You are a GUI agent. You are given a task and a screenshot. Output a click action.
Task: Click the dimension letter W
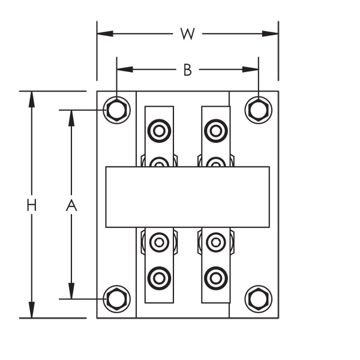(188, 34)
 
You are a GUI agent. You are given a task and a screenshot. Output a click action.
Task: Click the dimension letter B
(188, 70)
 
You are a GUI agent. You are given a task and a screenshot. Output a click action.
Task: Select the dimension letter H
(32, 205)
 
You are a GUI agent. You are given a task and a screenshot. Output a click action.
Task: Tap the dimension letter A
(71, 205)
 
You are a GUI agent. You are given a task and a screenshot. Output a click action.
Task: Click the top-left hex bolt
(116, 110)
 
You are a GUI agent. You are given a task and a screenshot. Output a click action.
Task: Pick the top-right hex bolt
(259, 110)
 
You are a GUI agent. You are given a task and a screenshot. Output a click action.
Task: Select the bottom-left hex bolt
(116, 299)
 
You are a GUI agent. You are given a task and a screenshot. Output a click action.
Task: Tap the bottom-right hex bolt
(259, 299)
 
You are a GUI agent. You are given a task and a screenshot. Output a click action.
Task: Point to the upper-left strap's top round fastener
(159, 131)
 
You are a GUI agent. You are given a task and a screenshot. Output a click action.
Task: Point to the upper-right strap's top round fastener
(216, 131)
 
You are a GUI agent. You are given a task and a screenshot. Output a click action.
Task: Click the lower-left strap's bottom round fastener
(159, 278)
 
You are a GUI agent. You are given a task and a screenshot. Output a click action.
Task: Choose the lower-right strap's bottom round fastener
(216, 278)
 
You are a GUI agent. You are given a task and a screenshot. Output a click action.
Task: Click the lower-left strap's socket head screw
(159, 242)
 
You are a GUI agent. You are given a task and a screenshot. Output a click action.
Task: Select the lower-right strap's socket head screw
(216, 242)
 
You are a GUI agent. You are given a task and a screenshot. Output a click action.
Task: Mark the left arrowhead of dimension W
(105, 34)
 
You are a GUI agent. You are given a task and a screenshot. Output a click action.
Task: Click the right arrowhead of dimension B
(250, 70)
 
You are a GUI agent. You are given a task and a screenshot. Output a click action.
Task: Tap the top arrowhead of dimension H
(32, 99)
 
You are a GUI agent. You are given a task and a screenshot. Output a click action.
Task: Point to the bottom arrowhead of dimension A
(71, 290)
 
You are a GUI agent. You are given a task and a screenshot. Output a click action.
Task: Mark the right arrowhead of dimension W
(270, 34)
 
